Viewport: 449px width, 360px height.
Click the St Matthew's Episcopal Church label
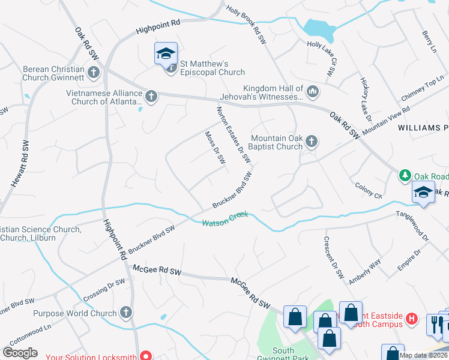click(x=206, y=68)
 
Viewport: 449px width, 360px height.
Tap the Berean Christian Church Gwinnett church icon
click(x=93, y=73)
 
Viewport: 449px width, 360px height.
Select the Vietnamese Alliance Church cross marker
click(x=151, y=95)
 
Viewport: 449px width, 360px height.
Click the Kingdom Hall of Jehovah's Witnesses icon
click(x=312, y=92)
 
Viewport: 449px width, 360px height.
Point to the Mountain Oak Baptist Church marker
click(x=311, y=142)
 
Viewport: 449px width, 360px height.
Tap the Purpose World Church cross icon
click(x=125, y=313)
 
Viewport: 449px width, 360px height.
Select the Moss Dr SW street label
click(x=215, y=148)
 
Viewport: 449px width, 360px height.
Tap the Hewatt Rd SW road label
click(x=19, y=170)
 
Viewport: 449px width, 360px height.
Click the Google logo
click(x=20, y=353)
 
